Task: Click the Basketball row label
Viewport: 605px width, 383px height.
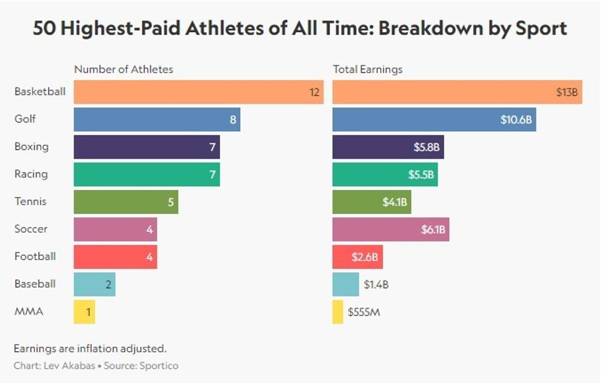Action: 40,92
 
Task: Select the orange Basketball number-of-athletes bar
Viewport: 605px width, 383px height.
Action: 198,92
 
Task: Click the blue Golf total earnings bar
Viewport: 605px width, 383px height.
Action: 433,120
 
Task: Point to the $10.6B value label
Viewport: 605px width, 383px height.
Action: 516,120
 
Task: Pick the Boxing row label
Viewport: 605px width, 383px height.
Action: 31,147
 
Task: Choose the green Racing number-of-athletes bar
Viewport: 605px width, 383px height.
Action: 146,174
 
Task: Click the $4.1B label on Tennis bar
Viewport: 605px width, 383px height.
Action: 393,202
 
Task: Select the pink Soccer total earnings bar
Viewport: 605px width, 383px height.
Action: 390,229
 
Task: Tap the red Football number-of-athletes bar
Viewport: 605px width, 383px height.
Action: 115,256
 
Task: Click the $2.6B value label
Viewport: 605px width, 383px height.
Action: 364,257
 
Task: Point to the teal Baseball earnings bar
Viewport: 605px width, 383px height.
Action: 346,284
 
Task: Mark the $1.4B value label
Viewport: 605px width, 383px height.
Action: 376,285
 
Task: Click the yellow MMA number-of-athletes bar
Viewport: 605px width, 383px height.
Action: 84,311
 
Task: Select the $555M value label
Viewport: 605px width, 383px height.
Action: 364,312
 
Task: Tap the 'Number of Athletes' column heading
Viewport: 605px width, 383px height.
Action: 123,69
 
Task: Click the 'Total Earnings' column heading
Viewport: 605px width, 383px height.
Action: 367,69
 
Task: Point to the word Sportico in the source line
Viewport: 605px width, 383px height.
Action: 159,366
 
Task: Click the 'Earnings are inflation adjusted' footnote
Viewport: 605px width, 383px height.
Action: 90,348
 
